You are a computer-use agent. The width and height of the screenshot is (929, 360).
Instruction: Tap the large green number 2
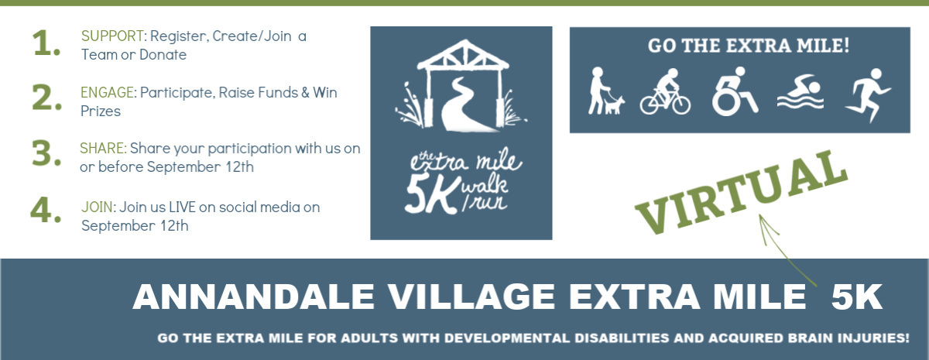[x=46, y=98]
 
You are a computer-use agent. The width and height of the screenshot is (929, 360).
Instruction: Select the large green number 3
[x=46, y=154]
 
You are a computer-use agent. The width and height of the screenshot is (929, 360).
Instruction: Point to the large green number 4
[x=46, y=209]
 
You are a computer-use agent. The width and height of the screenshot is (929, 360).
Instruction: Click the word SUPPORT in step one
[x=113, y=36]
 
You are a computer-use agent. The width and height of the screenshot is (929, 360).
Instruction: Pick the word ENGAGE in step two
[x=108, y=93]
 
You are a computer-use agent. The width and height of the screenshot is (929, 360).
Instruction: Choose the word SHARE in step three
[x=103, y=148]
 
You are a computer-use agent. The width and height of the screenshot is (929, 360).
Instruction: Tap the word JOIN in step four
[x=97, y=207]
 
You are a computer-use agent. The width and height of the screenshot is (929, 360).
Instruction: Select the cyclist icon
[x=665, y=93]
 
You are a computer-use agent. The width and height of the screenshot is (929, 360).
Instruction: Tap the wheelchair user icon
[x=732, y=92]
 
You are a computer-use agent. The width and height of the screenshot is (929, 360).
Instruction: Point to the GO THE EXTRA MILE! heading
[x=748, y=46]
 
